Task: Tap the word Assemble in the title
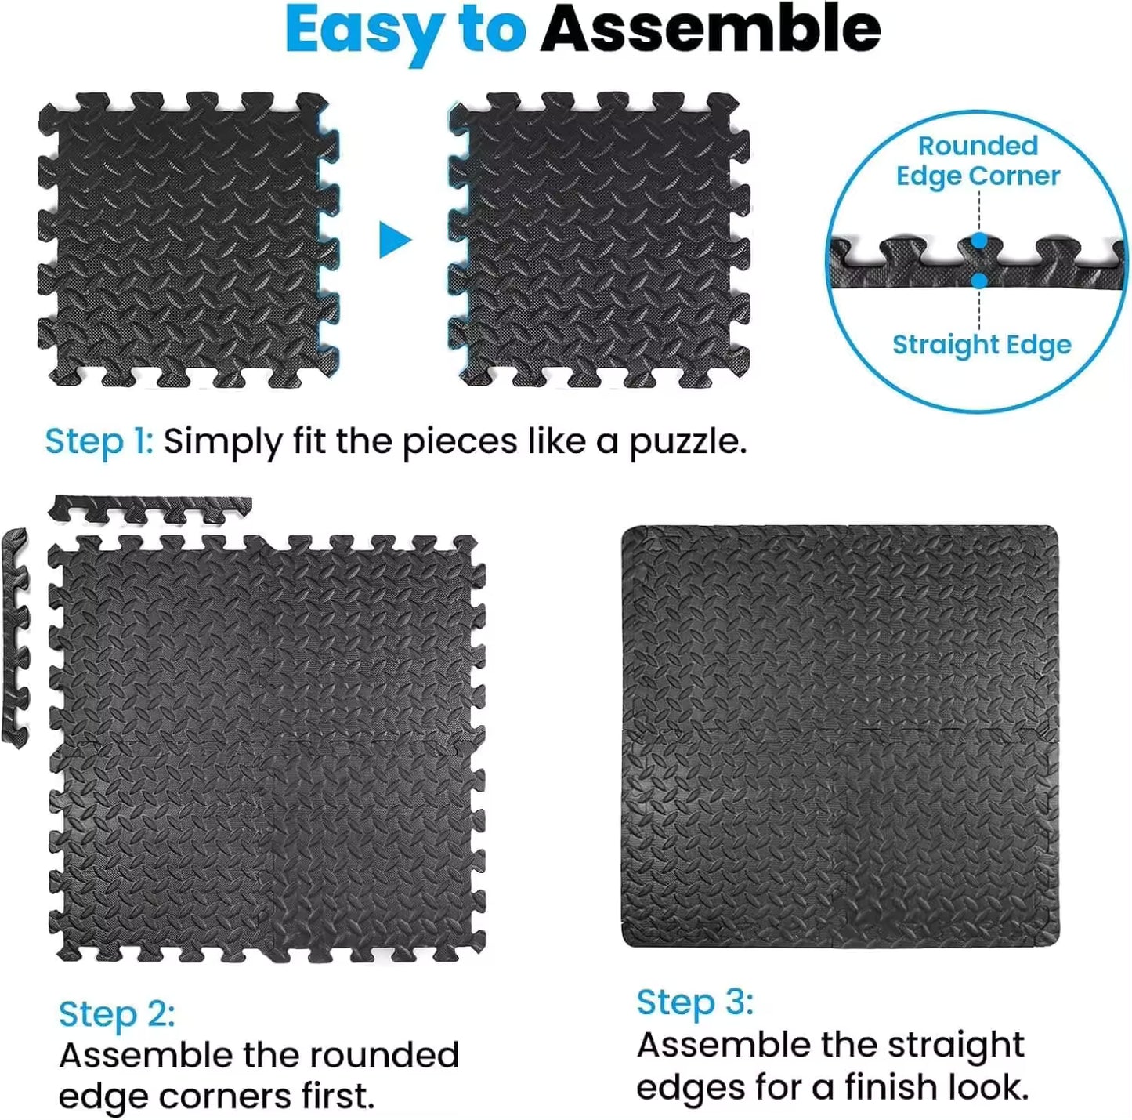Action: tap(711, 30)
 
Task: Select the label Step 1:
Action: tap(99, 441)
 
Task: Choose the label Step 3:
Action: tap(695, 1002)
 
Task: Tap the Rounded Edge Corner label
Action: tap(978, 161)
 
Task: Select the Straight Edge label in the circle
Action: tap(982, 344)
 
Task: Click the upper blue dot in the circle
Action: tap(978, 241)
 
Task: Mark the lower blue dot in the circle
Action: tap(978, 280)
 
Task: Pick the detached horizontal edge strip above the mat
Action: tap(150, 509)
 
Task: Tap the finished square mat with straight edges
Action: tap(840, 737)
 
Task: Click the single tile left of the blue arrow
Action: tap(188, 240)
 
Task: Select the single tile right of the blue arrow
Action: tap(599, 240)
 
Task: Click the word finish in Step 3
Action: tap(888, 1088)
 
